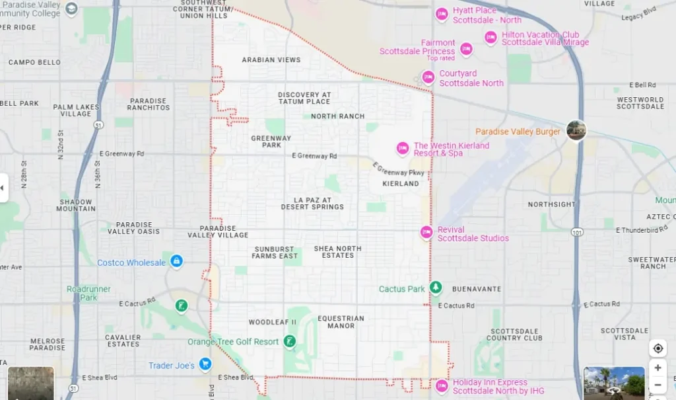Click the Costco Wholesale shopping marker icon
point(176,261)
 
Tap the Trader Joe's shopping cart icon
point(205,364)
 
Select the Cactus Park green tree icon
point(435,288)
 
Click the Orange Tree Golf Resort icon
point(288,341)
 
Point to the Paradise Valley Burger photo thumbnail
point(576,130)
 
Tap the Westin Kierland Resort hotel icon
point(402,149)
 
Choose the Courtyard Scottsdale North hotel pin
point(428,77)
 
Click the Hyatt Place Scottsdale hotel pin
point(442,14)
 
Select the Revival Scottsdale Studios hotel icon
point(426,233)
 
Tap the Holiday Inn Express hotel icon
point(442,385)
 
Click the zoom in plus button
point(658,368)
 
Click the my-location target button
point(658,348)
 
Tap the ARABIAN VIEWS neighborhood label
point(271,60)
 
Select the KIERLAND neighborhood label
point(401,183)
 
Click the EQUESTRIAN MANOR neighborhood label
point(341,322)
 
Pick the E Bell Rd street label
point(642,85)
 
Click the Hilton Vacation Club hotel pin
point(490,38)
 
